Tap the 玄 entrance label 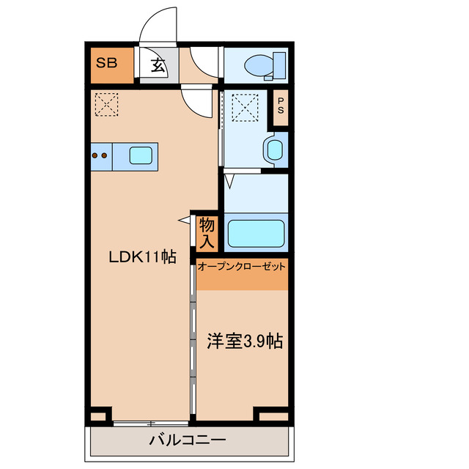click(158, 66)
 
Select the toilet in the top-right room click(256, 64)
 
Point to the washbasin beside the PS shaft click(275, 150)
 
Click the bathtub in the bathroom click(256, 233)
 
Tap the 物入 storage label click(206, 232)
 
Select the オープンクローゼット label click(242, 267)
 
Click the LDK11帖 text click(143, 257)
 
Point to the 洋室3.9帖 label click(245, 341)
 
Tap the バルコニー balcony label click(188, 440)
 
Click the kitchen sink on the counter click(141, 155)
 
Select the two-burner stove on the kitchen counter click(100, 155)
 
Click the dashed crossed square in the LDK click(108, 103)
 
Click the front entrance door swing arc click(158, 25)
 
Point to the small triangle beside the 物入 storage click(184, 219)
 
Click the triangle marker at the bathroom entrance click(229, 179)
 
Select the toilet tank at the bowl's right click(278, 64)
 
